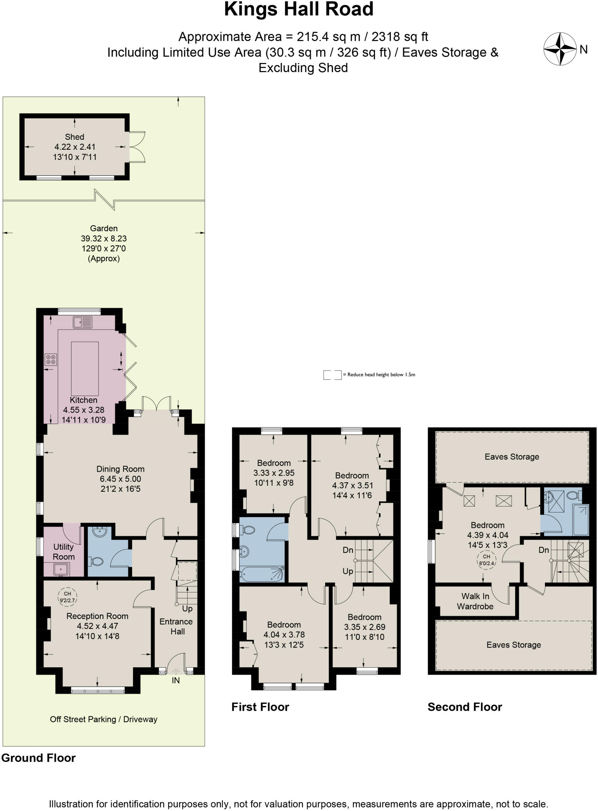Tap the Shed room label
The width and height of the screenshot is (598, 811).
74,137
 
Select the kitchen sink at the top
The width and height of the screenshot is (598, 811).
82,322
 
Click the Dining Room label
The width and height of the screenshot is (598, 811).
120,469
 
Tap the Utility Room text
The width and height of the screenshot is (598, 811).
63,552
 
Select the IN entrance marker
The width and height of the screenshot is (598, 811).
175,680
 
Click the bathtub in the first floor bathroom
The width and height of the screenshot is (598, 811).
262,574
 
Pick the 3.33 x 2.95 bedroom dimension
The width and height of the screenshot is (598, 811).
274,473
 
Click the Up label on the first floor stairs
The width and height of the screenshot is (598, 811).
348,571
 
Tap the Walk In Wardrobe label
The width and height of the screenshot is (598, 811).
475,601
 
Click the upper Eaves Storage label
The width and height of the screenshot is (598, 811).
512,457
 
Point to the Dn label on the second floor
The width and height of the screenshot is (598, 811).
543,550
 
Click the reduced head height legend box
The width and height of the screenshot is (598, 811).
332,375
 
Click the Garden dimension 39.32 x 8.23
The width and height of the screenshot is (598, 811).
104,238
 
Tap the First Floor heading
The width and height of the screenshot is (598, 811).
260,707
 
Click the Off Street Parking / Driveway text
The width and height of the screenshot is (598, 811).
104,719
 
